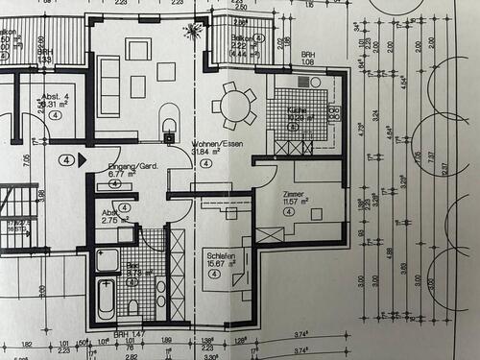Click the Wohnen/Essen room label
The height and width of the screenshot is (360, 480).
213,143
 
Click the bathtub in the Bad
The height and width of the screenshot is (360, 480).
106,299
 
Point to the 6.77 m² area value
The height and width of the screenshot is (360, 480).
121,175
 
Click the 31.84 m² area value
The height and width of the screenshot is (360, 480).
207,152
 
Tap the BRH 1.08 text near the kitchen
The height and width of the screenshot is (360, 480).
308,60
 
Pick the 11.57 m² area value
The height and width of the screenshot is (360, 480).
295,202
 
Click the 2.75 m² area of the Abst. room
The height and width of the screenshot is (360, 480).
115,220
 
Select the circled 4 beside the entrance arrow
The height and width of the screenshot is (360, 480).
66,160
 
